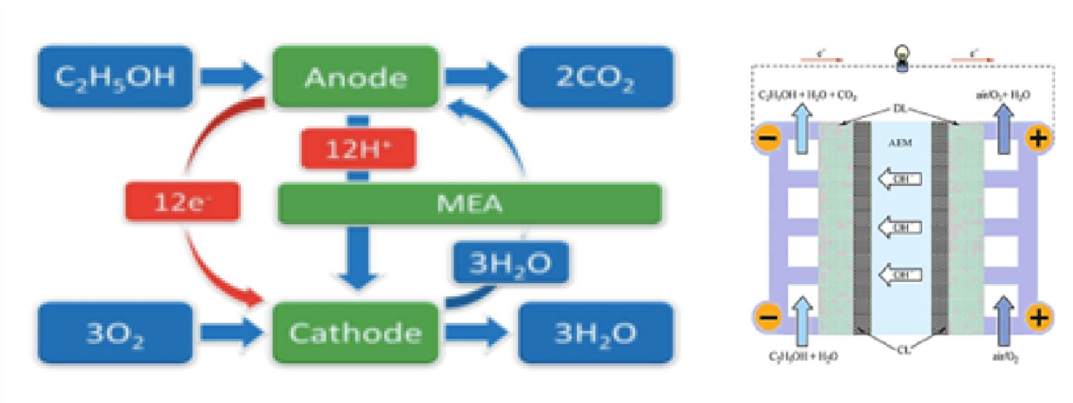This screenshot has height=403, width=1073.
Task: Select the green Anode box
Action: pyautogui.click(x=356, y=76)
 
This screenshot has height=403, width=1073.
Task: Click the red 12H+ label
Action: pyautogui.click(x=358, y=151)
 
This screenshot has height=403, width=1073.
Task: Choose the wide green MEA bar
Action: pyautogui.click(x=470, y=204)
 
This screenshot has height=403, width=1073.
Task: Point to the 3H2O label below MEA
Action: pyautogui.click(x=510, y=263)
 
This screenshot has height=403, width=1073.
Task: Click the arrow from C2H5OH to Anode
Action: pyautogui.click(x=232, y=76)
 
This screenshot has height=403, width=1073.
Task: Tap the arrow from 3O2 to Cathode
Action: pyautogui.click(x=232, y=335)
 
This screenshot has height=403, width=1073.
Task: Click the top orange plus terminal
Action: pyautogui.click(x=1036, y=138)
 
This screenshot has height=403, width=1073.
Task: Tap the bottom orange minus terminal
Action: pyautogui.click(x=767, y=318)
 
